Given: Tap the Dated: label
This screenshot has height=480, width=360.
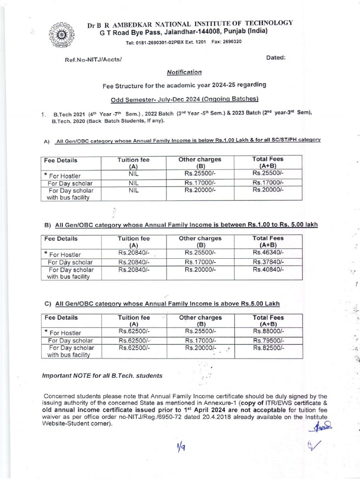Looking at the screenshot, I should coord(276,58).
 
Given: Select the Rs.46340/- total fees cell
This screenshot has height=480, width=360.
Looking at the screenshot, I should coord(269,254).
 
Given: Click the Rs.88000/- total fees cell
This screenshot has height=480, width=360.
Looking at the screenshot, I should coord(269,331).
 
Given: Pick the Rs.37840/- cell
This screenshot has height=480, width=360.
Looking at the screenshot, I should coord(269,262).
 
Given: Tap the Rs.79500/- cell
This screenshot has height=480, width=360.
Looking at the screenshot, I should coord(269,340).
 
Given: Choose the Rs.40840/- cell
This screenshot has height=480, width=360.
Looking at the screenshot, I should coord(269,270).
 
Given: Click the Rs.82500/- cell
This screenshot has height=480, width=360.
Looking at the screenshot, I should coord(269,348).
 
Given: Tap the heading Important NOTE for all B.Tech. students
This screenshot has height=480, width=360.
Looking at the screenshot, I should coord(102,375).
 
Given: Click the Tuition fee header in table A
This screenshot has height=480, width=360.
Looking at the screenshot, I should coord(135,163).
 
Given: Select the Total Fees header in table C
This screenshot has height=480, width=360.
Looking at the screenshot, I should coord(269,321).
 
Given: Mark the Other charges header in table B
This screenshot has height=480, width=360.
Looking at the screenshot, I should coord(201,241).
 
